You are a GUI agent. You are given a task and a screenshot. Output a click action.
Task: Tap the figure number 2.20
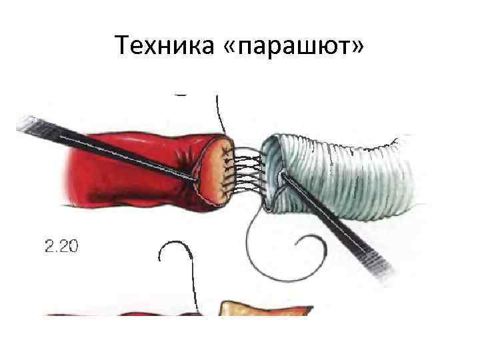(61, 247)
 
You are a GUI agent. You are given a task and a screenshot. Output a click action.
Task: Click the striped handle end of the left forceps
(30, 123)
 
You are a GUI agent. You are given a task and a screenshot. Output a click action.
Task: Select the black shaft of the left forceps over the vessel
(120, 150)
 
